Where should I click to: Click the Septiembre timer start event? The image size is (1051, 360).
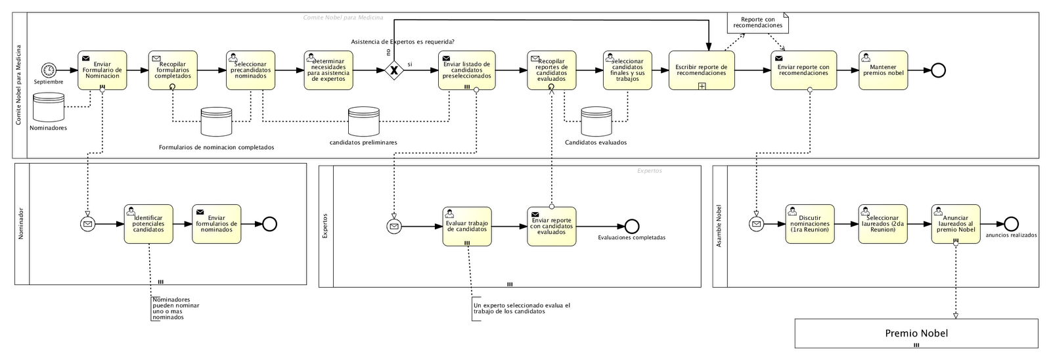tap(48, 70)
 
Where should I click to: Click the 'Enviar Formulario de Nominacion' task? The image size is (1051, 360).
tap(102, 70)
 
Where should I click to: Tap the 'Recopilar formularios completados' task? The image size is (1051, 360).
tap(172, 70)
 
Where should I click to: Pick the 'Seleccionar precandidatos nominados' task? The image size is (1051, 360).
tap(250, 70)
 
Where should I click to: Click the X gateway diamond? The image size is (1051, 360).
tap(393, 70)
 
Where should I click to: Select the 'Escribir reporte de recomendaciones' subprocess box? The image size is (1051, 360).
tap(701, 70)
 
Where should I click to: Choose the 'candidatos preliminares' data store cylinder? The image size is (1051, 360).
tap(363, 121)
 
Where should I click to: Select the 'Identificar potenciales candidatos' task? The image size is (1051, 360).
tap(148, 224)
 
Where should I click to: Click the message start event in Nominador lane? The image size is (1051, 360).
tap(87, 225)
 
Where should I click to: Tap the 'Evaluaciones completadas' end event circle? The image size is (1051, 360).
tap(632, 226)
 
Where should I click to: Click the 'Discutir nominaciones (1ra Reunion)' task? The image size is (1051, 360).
tap(809, 224)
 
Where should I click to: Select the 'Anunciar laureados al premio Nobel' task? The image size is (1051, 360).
tap(956, 224)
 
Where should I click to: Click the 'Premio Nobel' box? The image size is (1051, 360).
tap(916, 334)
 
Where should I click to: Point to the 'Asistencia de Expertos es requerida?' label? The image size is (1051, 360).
tap(403, 42)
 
